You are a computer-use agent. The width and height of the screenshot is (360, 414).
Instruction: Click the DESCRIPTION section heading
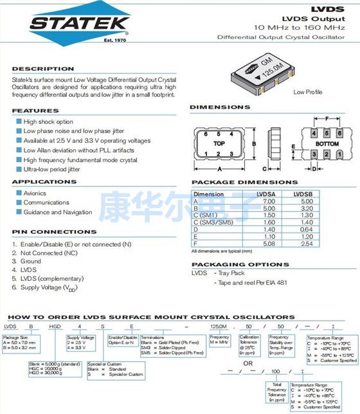point(39,68)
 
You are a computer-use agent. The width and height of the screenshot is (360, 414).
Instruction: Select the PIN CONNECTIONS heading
point(54,232)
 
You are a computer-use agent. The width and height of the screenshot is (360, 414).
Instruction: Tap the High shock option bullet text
point(48,122)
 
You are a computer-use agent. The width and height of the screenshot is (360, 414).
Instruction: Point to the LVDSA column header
point(266,194)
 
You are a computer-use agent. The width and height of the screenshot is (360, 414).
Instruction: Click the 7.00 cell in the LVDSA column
point(266,201)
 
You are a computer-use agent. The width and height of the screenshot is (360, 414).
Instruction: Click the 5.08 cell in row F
point(266,243)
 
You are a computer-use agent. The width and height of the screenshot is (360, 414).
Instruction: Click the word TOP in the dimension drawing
point(219,142)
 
